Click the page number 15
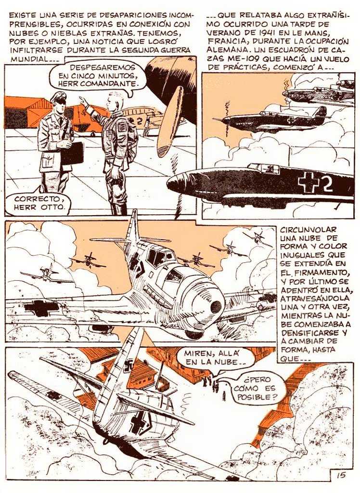coord(341,474)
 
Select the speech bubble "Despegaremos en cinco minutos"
coord(98,77)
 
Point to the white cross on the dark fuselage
coord(309,183)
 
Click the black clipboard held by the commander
coord(72,154)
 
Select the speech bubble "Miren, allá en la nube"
coord(215,358)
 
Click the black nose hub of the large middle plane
coord(216,307)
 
